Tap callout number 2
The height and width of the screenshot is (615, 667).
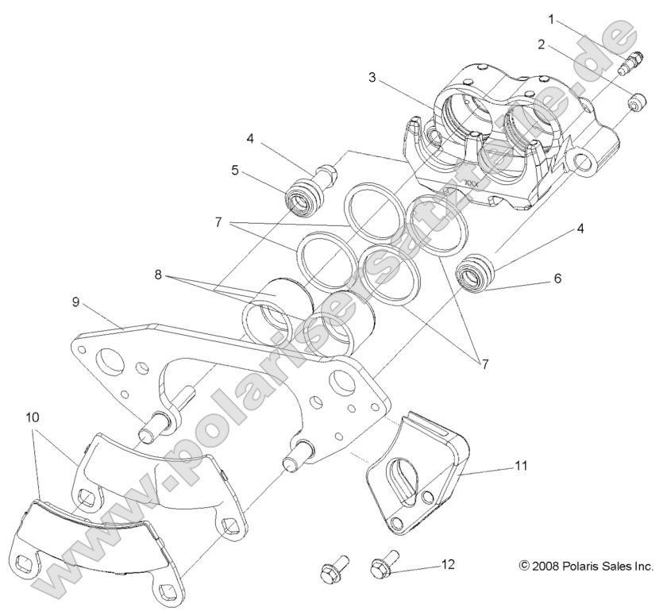[x=542, y=44]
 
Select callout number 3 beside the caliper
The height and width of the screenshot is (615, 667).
[x=372, y=78]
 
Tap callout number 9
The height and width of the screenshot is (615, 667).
[x=75, y=302]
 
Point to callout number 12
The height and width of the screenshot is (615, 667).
[x=449, y=564]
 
